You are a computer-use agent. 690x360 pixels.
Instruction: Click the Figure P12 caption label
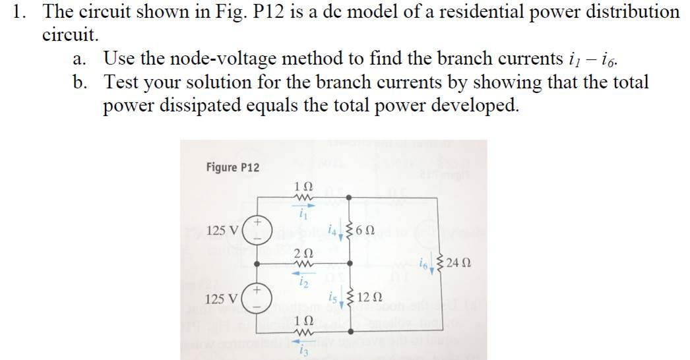[x=232, y=167]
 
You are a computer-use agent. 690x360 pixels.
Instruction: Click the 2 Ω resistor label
[x=301, y=255]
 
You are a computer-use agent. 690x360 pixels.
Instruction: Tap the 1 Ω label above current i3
[x=301, y=321]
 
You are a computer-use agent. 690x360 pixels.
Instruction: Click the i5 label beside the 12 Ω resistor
[x=334, y=297]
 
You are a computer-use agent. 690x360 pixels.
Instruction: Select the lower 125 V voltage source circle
[x=256, y=299]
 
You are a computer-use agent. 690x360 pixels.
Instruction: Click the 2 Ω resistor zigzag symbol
[x=301, y=267]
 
